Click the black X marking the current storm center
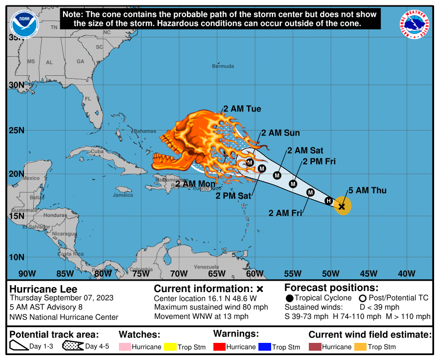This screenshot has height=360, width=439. [x=342, y=206]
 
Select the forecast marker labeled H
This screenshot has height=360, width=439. [x=329, y=201]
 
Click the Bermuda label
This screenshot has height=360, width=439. [x=223, y=66]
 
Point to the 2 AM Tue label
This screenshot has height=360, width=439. [x=242, y=109]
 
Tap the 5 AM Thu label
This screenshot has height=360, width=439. [x=367, y=191]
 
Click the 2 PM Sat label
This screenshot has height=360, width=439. [x=233, y=196]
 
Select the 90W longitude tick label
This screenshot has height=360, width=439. [x=27, y=273]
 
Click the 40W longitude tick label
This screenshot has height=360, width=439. [x=407, y=273]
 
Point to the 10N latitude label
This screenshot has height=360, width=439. [x=17, y=257]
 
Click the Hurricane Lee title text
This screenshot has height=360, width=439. [x=44, y=289]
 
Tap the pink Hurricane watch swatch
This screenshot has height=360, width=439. [x=125, y=347]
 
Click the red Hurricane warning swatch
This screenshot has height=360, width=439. [x=219, y=347]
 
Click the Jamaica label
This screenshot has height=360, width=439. [x=122, y=195]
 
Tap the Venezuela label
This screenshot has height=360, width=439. [x=206, y=267]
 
